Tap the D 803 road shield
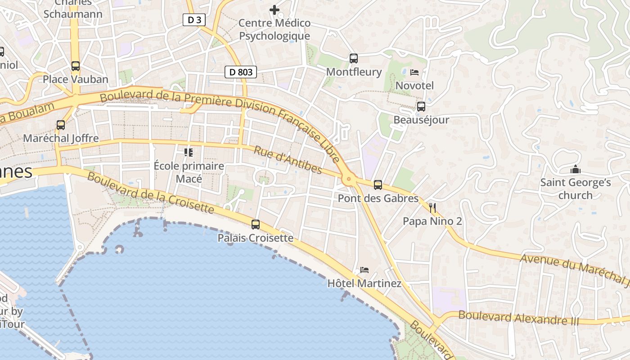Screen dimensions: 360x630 [241, 72]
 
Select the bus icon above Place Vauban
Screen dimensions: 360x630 [76, 66]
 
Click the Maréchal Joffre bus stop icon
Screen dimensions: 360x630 [61, 125]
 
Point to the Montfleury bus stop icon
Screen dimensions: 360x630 [354, 58]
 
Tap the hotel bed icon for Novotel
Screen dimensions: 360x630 [414, 72]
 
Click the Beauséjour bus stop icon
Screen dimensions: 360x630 [421, 107]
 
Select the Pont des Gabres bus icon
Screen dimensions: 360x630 [378, 184]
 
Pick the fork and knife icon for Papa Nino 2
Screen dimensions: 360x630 [432, 208]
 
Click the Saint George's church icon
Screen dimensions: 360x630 [575, 170]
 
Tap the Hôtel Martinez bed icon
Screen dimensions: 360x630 [364, 270]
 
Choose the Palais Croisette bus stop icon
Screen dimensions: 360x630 [256, 224]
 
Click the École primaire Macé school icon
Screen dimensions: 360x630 [189, 153]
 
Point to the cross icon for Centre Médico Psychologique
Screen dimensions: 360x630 [274, 9]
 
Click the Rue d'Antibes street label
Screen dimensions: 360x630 [288, 160]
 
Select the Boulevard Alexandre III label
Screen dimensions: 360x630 [519, 318]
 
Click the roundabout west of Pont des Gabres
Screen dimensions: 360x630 [348, 180]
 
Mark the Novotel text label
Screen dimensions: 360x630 [414, 85]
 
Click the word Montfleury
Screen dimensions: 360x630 [354, 72]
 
